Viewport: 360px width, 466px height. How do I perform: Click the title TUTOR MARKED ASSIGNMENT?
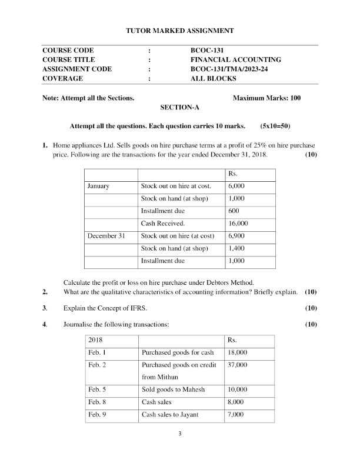(x=180, y=30)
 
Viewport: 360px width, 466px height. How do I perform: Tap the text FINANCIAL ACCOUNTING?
(x=235, y=60)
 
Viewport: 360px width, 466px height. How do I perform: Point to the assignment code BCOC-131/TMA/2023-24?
(x=233, y=69)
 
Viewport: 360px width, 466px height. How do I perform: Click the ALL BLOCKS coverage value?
(x=213, y=78)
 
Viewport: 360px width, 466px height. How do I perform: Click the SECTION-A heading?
(x=179, y=108)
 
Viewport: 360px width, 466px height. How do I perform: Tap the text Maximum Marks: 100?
(x=266, y=98)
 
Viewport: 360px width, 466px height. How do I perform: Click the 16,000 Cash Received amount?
(x=238, y=224)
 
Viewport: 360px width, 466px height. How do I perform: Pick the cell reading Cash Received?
(x=163, y=224)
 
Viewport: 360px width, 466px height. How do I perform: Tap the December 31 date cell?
(x=106, y=236)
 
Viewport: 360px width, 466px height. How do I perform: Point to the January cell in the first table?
(x=98, y=186)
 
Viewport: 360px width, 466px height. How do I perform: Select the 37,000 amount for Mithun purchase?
(x=238, y=365)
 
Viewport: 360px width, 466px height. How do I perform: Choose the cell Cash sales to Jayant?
(x=170, y=415)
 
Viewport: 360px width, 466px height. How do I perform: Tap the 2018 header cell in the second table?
(x=95, y=341)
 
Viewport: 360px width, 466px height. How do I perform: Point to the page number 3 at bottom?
(x=180, y=435)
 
